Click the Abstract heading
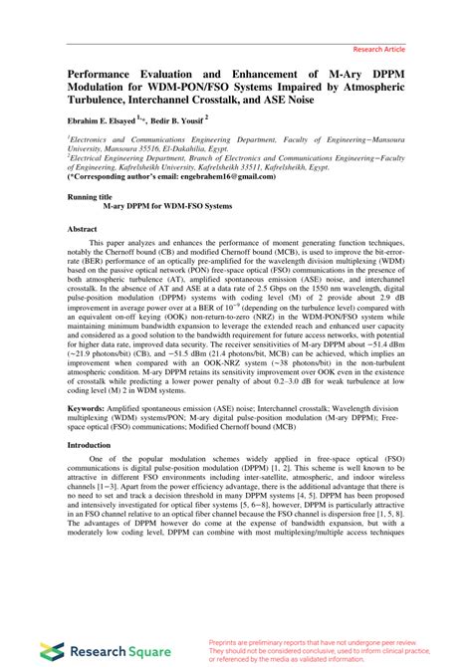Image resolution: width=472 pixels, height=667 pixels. pyautogui.click(x=82, y=229)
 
